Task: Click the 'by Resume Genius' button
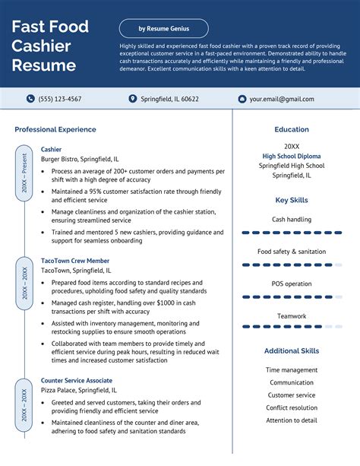[x=163, y=29]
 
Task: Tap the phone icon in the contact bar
[x=30, y=99]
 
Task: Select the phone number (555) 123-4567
[x=60, y=99]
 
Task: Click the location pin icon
[x=133, y=99]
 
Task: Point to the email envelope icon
[x=242, y=99]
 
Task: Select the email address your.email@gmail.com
[x=281, y=99]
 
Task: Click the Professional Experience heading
[x=55, y=129]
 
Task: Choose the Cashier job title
[x=51, y=149]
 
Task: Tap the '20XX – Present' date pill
[x=24, y=174]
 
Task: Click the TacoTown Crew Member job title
[x=75, y=260]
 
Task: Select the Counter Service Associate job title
[x=76, y=380]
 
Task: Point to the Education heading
[x=292, y=129]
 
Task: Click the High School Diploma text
[x=292, y=156]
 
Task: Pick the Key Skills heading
[x=292, y=200]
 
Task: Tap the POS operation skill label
[x=292, y=284]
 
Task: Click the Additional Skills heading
[x=292, y=350]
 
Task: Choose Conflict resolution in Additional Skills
[x=292, y=407]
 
